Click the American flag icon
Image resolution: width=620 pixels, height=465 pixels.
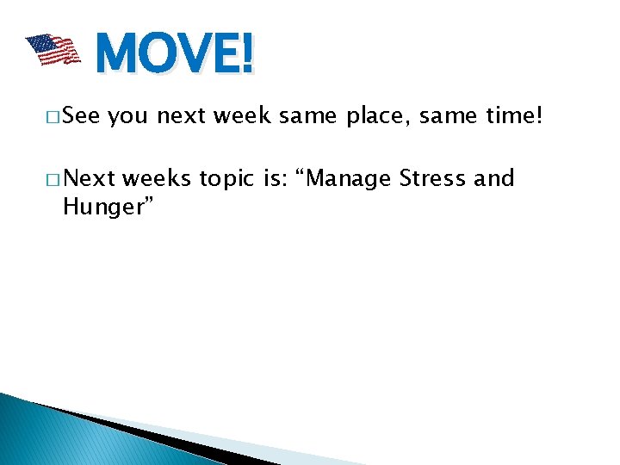pyautogui.click(x=52, y=50)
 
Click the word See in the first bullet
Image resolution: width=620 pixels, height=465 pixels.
pyautogui.click(x=83, y=116)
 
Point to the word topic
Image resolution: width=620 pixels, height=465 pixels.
pyautogui.click(x=226, y=179)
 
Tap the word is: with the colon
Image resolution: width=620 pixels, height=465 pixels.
pyautogui.click(x=274, y=178)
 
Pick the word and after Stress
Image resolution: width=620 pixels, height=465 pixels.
pyautogui.click(x=494, y=178)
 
